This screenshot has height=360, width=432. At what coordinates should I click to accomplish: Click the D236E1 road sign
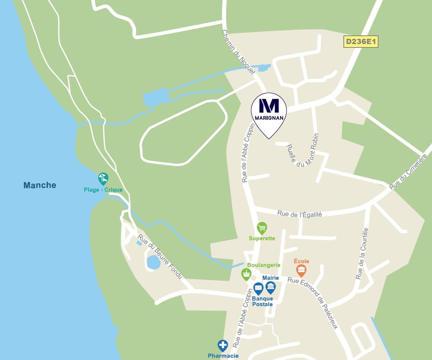pyautogui.click(x=360, y=41)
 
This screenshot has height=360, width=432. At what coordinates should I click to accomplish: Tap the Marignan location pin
pyautogui.click(x=269, y=113)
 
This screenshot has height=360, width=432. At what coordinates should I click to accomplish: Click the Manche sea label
pyautogui.click(x=40, y=185)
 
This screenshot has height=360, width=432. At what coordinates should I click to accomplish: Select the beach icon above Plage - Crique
pyautogui.click(x=103, y=178)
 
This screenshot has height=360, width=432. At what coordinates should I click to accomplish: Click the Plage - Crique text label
pyautogui.click(x=103, y=190)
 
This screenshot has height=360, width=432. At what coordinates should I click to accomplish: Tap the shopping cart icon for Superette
pyautogui.click(x=262, y=228)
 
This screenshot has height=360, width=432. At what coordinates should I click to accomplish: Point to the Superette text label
pyautogui.click(x=262, y=238)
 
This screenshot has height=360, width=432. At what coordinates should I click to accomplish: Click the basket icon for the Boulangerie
pyautogui.click(x=246, y=274)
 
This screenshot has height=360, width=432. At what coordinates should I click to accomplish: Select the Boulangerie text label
pyautogui.click(x=264, y=265)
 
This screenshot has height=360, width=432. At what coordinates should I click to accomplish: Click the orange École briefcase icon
pyautogui.click(x=301, y=270)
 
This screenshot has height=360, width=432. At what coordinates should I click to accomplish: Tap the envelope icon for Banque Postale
pyautogui.click(x=258, y=288)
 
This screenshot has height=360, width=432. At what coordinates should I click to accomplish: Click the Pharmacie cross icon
pyautogui.click(x=223, y=345)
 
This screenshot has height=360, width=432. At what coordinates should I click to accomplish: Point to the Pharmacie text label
pyautogui.click(x=223, y=355)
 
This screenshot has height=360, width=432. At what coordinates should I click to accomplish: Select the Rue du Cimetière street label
pyautogui.click(x=408, y=171)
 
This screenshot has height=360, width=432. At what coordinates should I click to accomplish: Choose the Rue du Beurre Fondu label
pyautogui.click(x=160, y=256)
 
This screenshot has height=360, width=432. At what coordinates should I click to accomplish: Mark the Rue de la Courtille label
pyautogui.click(x=362, y=253)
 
